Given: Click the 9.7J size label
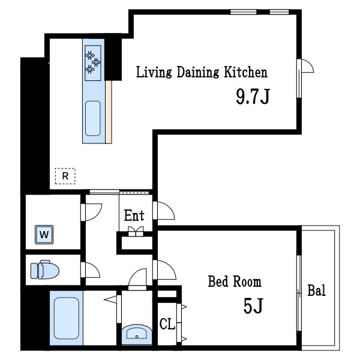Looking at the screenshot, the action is tap(253, 97).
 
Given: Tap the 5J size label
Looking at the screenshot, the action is tap(253, 305).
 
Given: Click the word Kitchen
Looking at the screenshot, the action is tap(245, 72).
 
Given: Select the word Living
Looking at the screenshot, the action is tap(154, 72).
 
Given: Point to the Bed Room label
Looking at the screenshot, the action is tap(235, 281).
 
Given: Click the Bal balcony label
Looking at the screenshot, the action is tap(316, 290).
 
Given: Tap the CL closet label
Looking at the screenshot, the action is tap(167, 324).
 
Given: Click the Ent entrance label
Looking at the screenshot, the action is tap(134, 215).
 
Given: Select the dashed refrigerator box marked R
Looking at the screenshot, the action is tap(65, 176).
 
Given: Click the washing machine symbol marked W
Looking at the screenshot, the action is tap(44, 235).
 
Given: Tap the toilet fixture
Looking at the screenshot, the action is tap(45, 269).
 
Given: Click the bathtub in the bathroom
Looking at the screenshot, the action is tap(67, 318).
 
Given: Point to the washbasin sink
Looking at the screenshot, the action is tap(137, 334).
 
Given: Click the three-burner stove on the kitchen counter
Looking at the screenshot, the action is tap(93, 63).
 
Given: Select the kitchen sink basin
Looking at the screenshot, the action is tap(93, 118).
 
